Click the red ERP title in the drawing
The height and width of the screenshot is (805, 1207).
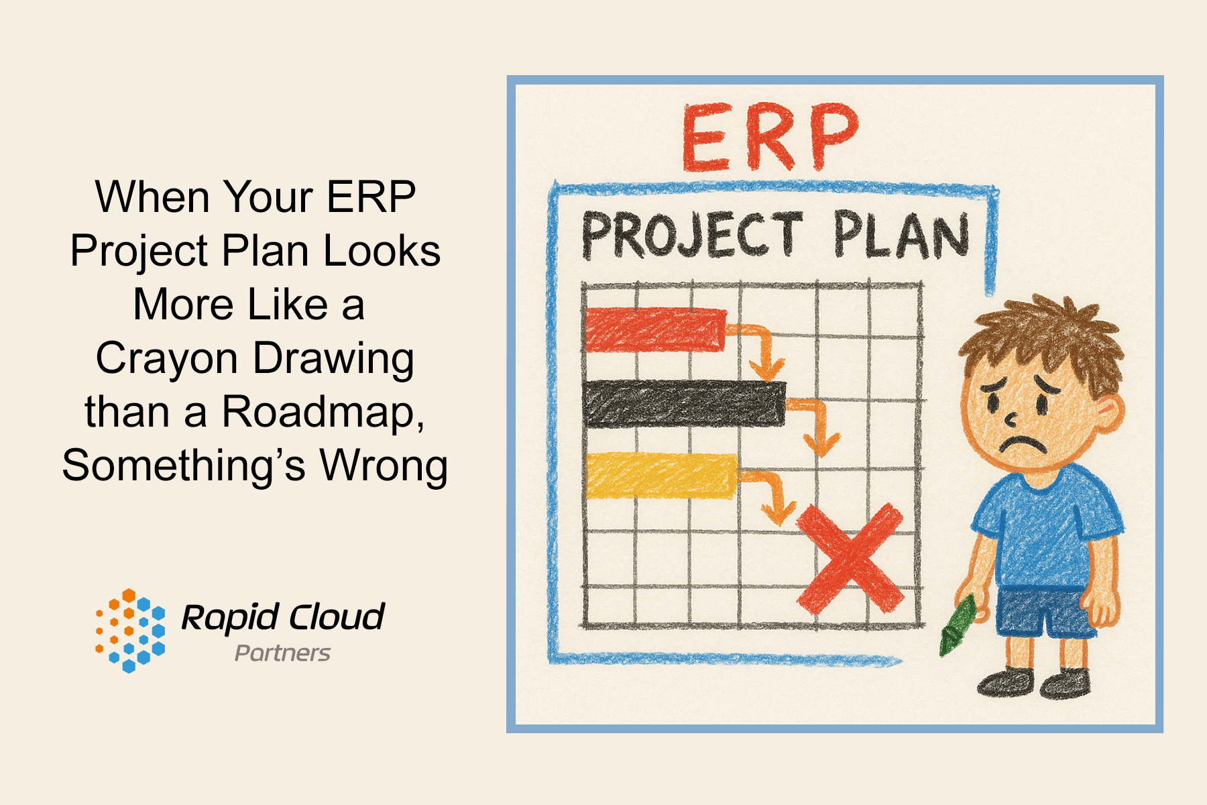pyautogui.click(x=770, y=138)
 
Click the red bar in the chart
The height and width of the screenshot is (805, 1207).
pyautogui.click(x=656, y=329)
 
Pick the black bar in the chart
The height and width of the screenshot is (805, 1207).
pyautogui.click(x=684, y=403)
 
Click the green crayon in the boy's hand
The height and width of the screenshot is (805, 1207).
pyautogui.click(x=957, y=625)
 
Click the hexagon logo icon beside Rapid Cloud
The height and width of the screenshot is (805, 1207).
pyautogui.click(x=130, y=631)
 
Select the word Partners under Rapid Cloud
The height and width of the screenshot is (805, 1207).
pyautogui.click(x=282, y=653)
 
